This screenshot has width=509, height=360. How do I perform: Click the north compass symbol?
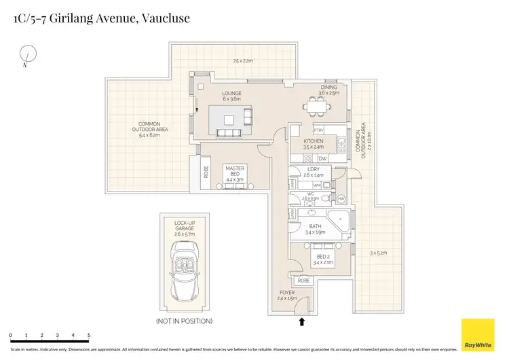(27, 55)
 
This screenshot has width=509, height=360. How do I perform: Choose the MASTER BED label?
(235, 171)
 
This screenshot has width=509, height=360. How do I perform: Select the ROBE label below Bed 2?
(303, 280)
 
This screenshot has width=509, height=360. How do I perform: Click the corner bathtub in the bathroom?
(338, 221)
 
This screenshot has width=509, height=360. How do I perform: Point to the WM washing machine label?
(316, 185)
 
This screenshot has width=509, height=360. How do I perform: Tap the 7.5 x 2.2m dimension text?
(243, 61)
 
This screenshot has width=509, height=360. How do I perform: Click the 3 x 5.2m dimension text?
(378, 253)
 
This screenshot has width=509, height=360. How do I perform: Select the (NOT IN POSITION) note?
(184, 321)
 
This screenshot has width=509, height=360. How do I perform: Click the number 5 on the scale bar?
(89, 336)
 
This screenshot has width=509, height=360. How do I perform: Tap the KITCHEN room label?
(303, 141)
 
